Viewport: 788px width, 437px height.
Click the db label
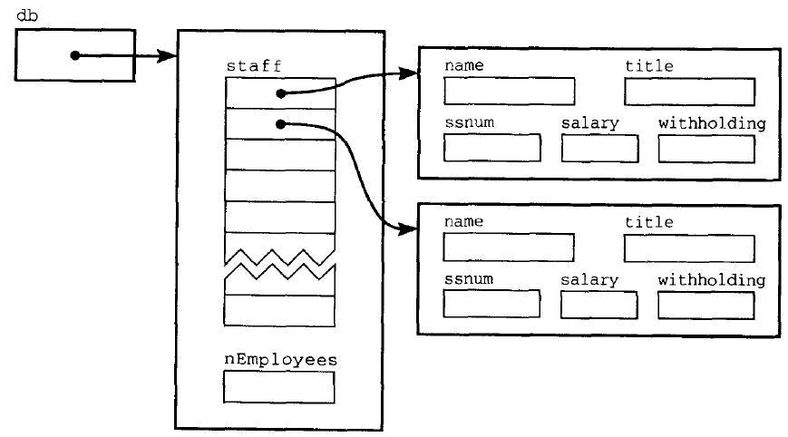(26, 15)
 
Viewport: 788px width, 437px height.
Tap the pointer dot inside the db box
(75, 56)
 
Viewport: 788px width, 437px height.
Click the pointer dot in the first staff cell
(281, 93)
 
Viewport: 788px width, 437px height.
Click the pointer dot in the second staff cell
(281, 124)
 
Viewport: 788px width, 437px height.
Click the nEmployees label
(280, 360)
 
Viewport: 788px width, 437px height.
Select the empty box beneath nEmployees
(279, 387)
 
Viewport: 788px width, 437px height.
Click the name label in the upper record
(464, 66)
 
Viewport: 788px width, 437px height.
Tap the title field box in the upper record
(689, 92)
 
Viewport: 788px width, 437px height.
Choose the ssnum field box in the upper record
(491, 148)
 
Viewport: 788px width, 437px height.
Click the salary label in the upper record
(589, 122)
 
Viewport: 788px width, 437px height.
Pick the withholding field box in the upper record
(706, 148)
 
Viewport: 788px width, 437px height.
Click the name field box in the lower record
(509, 248)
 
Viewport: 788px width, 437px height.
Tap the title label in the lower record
(648, 222)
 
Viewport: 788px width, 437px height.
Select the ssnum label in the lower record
(469, 279)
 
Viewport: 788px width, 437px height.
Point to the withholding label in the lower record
(712, 279)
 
